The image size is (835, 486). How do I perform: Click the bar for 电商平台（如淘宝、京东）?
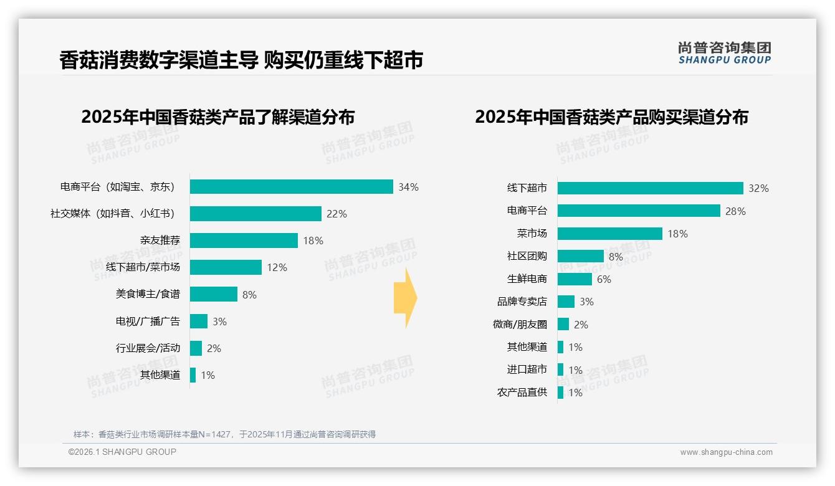tap(291, 187)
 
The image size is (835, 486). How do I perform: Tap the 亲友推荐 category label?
tap(160, 241)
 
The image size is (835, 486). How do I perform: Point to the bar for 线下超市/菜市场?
tap(226, 267)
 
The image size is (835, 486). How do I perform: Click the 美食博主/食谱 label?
tap(148, 294)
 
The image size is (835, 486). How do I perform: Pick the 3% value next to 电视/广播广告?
tap(219, 322)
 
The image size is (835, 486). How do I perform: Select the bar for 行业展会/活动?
tap(196, 348)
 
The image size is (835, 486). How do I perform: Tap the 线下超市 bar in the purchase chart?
tap(650, 188)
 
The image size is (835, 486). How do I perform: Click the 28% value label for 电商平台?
tap(735, 211)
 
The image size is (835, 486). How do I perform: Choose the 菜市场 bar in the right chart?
tap(609, 234)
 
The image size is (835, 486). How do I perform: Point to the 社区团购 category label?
tap(527, 256)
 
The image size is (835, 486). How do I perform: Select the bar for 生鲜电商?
tap(575, 279)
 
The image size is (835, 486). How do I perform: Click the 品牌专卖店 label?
tap(522, 302)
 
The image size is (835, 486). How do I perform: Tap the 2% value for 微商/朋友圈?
tap(581, 325)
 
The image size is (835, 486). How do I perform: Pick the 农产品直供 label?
tap(522, 393)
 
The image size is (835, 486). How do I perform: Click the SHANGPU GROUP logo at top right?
tap(724, 53)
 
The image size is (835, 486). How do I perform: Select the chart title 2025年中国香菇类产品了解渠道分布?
tap(217, 117)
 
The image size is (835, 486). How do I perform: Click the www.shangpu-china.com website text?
tap(726, 452)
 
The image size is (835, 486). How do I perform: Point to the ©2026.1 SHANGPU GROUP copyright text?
tap(122, 452)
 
